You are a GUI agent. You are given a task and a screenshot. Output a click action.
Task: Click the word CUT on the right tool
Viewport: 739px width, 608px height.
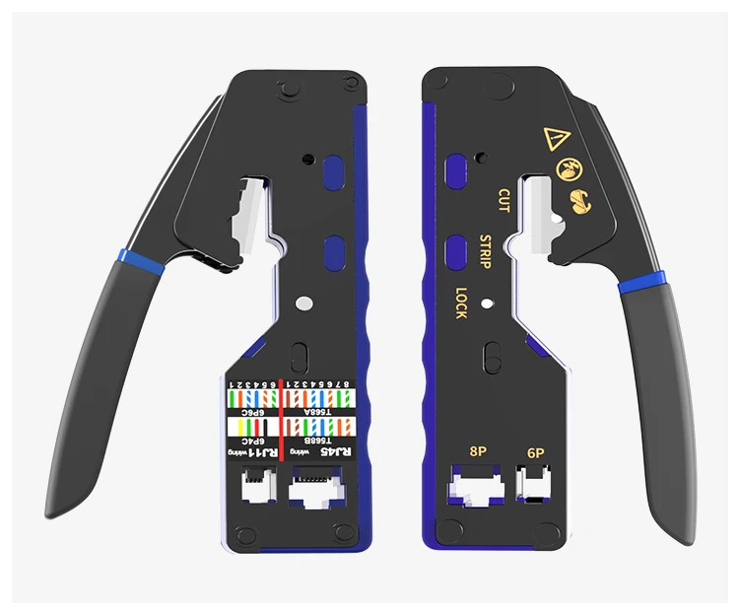(504, 200)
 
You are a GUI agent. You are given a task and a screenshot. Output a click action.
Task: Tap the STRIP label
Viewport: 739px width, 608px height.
(485, 251)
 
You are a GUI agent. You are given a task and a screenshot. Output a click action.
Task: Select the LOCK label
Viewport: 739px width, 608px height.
(461, 301)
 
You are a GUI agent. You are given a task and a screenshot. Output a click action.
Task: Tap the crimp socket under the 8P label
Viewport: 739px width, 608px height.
(476, 488)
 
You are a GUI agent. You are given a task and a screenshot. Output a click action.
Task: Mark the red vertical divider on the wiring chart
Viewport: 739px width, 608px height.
(281, 419)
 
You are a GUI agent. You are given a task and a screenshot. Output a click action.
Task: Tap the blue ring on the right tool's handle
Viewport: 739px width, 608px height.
(640, 284)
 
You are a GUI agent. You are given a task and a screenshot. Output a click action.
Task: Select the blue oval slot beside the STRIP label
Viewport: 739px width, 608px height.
(456, 251)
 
